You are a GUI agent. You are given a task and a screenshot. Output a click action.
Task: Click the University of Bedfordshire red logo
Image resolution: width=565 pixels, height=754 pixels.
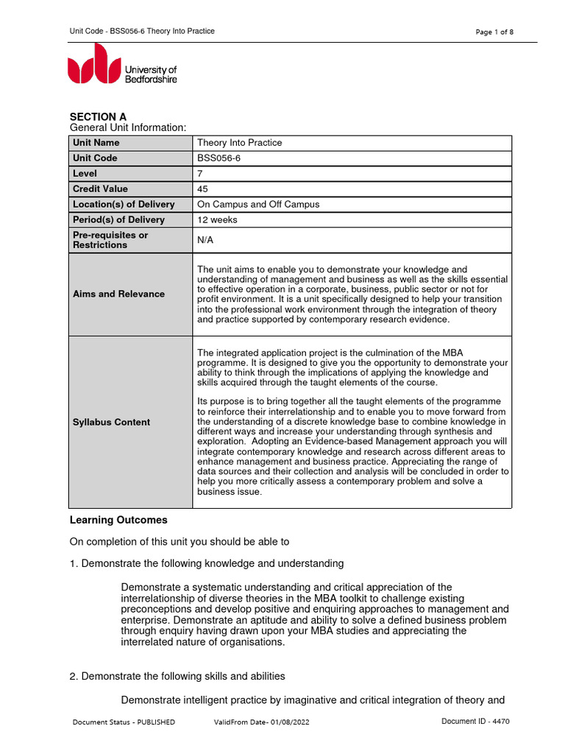[94, 64]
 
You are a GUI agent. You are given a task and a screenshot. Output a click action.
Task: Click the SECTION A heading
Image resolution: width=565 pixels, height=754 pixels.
[98, 116]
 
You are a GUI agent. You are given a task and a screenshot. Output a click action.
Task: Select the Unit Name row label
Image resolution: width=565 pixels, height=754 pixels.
[96, 143]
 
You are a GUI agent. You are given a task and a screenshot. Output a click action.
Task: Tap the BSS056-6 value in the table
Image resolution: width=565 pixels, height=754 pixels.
[219, 158]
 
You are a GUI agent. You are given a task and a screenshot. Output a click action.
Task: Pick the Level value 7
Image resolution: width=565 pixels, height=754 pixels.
[200, 174]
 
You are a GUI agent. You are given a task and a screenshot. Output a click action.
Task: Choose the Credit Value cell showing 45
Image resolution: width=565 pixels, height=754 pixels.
[203, 189]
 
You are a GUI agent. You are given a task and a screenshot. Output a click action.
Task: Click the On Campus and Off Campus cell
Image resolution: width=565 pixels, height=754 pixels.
[258, 205]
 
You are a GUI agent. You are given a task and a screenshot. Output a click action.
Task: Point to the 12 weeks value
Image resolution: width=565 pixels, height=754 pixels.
[217, 220]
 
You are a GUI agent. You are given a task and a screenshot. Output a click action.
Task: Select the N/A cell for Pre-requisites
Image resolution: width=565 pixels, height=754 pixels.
[207, 240]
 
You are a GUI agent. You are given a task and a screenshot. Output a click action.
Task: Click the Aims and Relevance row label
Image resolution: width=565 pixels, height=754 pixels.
[118, 294]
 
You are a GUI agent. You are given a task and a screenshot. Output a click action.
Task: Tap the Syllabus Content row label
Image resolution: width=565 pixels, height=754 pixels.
[111, 422]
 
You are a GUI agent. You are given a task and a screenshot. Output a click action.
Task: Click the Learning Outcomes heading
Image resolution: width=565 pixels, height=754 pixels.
[118, 520]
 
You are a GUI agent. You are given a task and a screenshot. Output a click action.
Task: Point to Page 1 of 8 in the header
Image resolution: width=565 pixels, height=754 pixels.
[495, 32]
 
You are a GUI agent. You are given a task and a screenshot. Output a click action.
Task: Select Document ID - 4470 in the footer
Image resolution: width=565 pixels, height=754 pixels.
[475, 722]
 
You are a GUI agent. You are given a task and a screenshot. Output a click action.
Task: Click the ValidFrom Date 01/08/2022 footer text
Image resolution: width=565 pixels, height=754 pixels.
[261, 722]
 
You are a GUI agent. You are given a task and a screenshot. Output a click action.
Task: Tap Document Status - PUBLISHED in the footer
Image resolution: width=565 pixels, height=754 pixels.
[124, 722]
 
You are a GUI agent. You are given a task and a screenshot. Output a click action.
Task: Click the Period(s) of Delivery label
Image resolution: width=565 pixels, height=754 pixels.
[118, 220]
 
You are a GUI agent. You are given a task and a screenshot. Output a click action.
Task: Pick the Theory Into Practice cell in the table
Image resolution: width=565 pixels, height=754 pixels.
[239, 143]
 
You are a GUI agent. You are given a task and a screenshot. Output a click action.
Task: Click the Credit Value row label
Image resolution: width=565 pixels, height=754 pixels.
[100, 189]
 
